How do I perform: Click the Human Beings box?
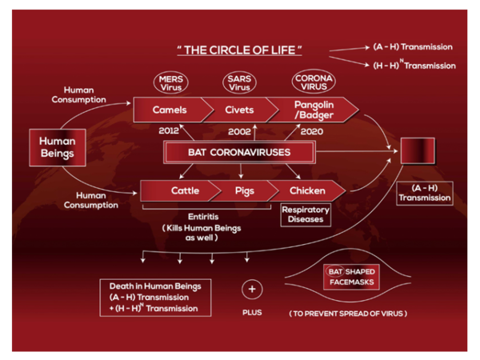58,146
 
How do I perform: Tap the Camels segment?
169,110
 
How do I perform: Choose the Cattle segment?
184,191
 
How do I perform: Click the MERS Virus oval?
170,83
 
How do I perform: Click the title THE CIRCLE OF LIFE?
240,50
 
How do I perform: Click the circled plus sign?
252,288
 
